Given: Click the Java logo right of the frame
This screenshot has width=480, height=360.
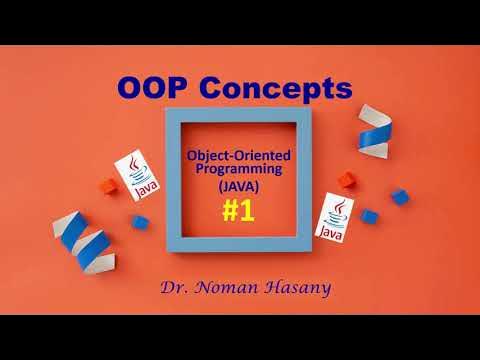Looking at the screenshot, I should pyautogui.click(x=338, y=218).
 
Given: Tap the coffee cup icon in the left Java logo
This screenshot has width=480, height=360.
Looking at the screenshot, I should pyautogui.click(x=132, y=169).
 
